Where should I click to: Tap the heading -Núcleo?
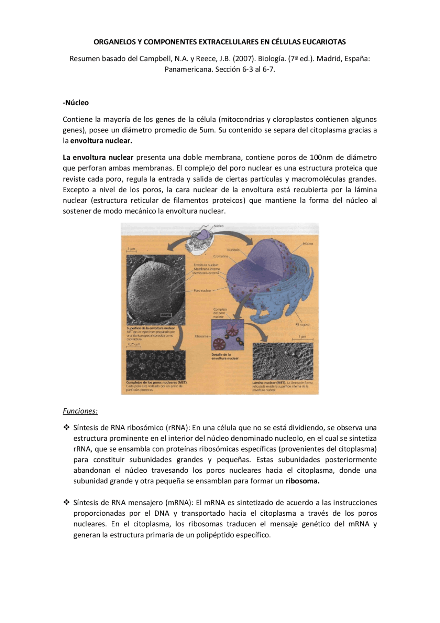point(76,103)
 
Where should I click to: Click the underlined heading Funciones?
point(80,411)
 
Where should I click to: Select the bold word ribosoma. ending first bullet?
point(302,481)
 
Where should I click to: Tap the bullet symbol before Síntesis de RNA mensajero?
point(66,503)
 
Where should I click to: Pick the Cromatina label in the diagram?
point(221,256)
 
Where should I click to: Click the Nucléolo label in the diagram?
point(233,250)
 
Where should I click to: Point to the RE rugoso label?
point(302,324)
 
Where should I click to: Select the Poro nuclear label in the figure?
point(202,290)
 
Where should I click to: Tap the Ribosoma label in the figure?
point(201,336)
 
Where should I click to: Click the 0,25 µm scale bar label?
point(134,344)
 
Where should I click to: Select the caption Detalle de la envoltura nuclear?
point(225,356)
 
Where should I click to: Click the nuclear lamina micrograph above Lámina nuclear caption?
point(283,361)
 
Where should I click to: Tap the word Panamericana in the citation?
point(189,69)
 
